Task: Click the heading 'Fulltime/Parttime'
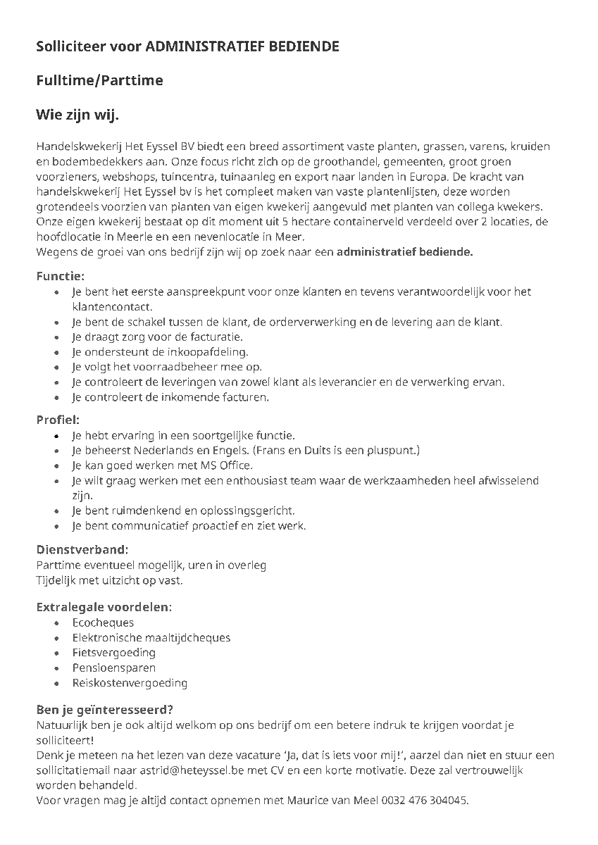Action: click(x=99, y=80)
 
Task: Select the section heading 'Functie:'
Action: click(x=60, y=276)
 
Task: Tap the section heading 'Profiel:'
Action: click(x=58, y=420)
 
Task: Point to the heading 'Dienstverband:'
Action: click(x=82, y=549)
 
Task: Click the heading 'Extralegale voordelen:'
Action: click(x=104, y=606)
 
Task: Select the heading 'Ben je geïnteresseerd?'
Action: click(x=105, y=709)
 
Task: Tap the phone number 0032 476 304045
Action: click(x=425, y=801)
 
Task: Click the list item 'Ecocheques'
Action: click(x=103, y=622)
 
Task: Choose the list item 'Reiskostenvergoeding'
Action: click(x=130, y=683)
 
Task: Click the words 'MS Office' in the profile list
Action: click(x=227, y=465)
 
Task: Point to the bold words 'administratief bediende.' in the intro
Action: click(x=404, y=252)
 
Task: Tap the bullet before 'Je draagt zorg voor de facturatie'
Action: click(x=56, y=338)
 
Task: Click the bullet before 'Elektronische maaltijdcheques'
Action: click(x=56, y=638)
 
